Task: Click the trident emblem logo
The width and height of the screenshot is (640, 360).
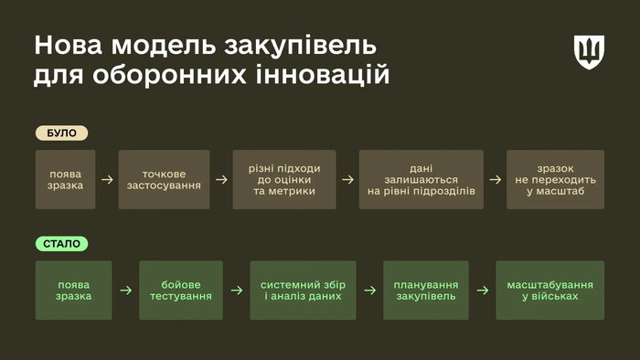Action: click(x=589, y=52)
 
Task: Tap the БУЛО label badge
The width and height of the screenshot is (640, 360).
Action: click(x=62, y=132)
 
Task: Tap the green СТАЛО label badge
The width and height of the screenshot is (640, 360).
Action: click(x=63, y=244)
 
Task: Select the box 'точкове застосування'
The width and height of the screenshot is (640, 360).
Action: click(x=165, y=179)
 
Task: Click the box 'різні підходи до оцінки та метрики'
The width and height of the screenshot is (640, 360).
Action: click(x=284, y=179)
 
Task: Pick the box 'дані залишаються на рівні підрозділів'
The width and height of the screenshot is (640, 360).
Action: click(x=421, y=179)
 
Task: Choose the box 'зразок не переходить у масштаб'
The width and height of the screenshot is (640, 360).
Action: click(x=555, y=179)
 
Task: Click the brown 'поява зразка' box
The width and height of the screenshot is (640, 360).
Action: click(x=66, y=179)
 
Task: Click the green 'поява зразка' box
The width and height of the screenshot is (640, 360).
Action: click(x=73, y=291)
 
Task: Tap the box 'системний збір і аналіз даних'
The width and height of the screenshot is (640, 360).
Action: click(x=301, y=291)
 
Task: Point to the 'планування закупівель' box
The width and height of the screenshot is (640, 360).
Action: click(x=425, y=291)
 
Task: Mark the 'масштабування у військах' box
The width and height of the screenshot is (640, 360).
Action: click(x=549, y=291)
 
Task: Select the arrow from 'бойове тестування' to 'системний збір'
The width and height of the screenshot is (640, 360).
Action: click(x=237, y=291)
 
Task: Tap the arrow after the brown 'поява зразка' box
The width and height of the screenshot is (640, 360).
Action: click(x=107, y=179)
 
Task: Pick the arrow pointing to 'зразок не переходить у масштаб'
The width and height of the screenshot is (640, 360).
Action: click(x=495, y=179)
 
